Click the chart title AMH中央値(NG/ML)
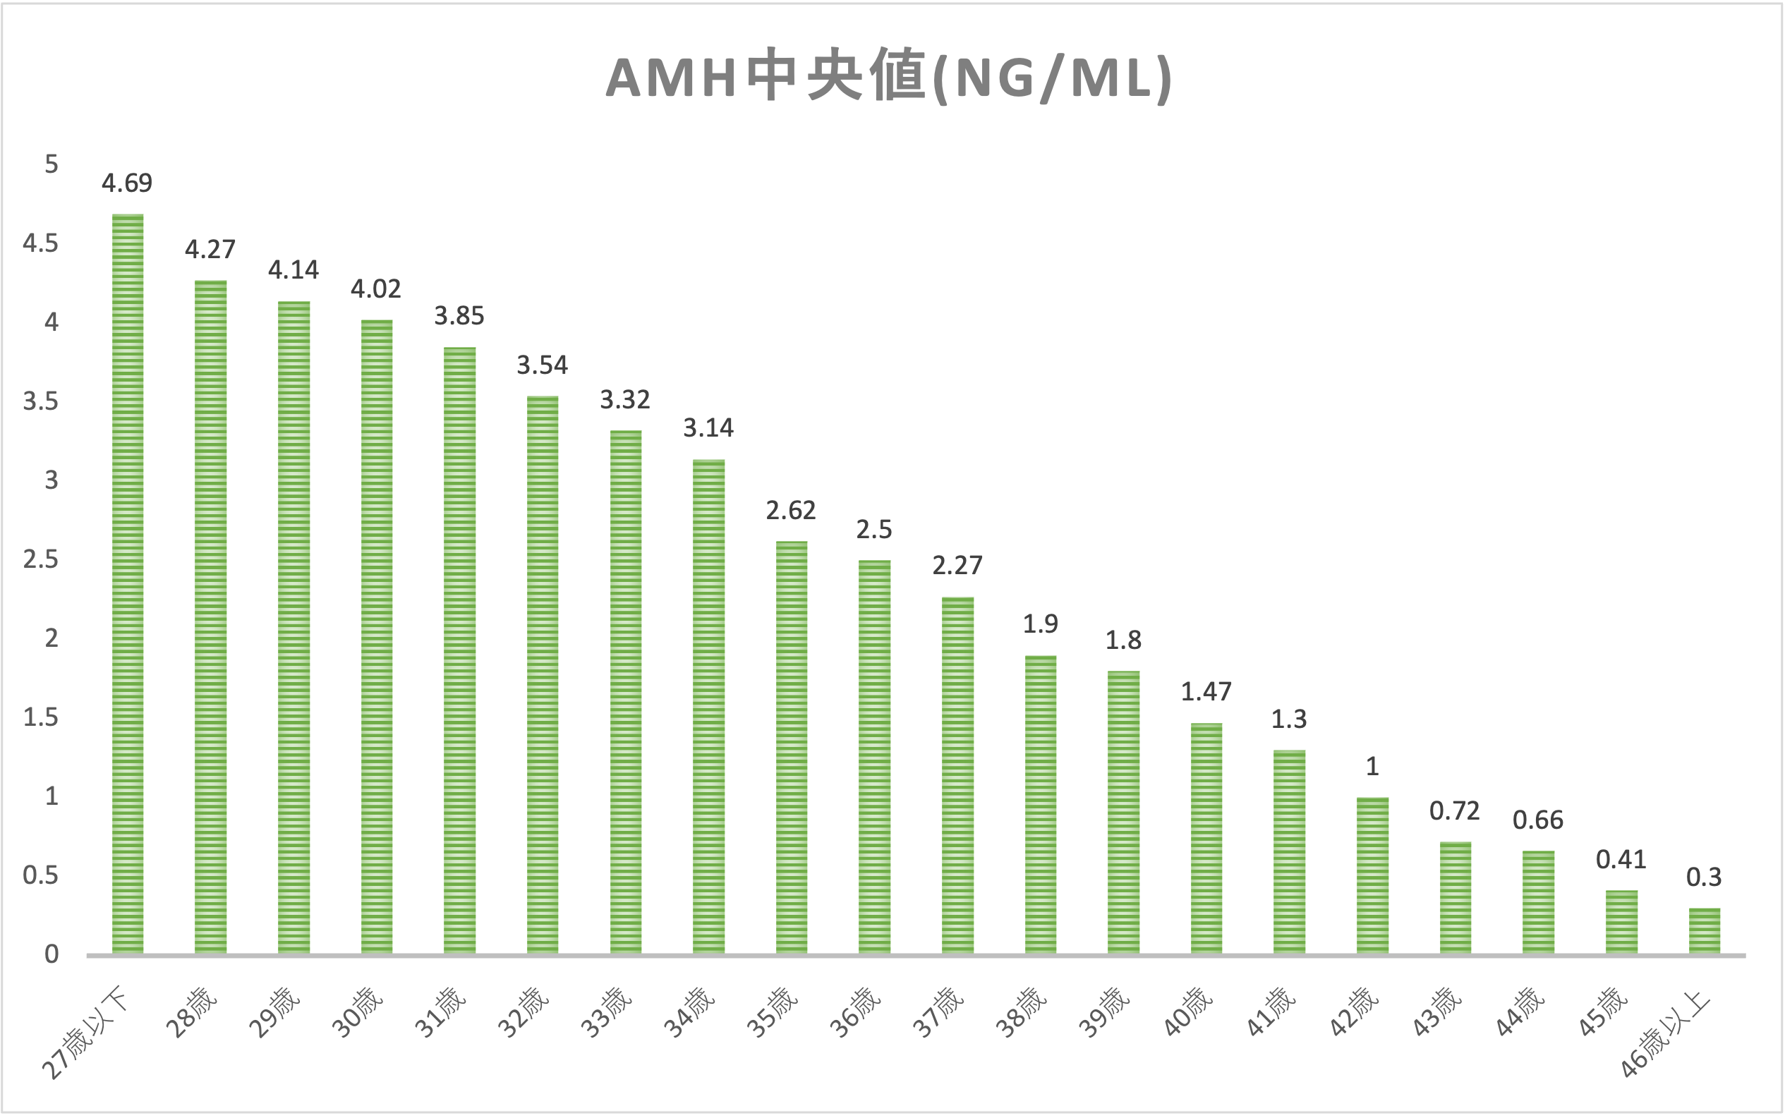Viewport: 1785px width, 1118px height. click(888, 78)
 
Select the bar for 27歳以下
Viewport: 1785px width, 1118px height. click(127, 584)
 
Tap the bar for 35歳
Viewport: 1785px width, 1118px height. click(791, 747)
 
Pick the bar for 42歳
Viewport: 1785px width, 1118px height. click(1372, 876)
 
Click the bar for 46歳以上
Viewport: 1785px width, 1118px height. click(1704, 931)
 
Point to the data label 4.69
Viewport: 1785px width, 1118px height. click(127, 183)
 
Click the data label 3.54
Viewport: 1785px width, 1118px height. click(542, 365)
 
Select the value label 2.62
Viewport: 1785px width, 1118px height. click(790, 510)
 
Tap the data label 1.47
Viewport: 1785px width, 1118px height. click(1206, 692)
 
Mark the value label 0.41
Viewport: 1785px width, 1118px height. click(1621, 859)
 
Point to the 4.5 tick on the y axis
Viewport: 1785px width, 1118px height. click(41, 243)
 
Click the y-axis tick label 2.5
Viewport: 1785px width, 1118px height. click(41, 559)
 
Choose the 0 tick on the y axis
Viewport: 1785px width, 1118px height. click(51, 954)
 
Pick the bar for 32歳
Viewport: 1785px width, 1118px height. click(542, 675)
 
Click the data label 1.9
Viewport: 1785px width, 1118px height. click(1041, 624)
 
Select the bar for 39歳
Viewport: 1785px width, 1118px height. click(1123, 813)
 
